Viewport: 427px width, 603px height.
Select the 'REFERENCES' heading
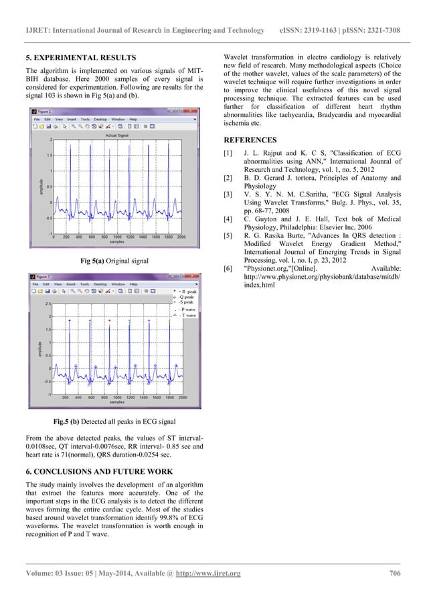coord(250,141)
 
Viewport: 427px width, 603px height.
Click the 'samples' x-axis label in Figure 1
coord(117,241)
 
